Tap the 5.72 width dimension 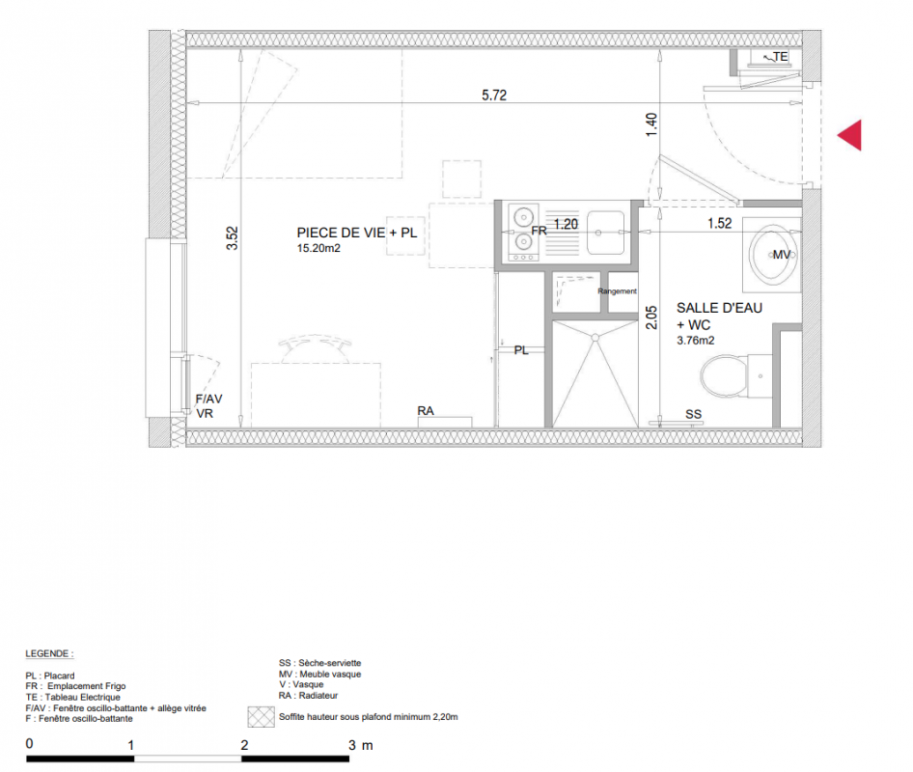point(494,95)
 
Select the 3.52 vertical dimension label point(233,238)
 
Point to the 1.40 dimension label point(651,124)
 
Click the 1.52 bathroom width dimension point(720,223)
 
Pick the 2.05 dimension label point(651,317)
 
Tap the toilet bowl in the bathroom point(724,375)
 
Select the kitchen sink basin point(605,233)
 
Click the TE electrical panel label point(780,57)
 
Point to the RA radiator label point(426,411)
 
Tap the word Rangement point(618,291)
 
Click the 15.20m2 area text point(318,248)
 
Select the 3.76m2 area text point(695,341)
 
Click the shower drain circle point(595,338)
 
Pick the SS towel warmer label point(694,414)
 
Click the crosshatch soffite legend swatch point(261,717)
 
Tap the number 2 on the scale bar point(244,745)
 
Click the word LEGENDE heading point(49,654)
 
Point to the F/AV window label point(208,399)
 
